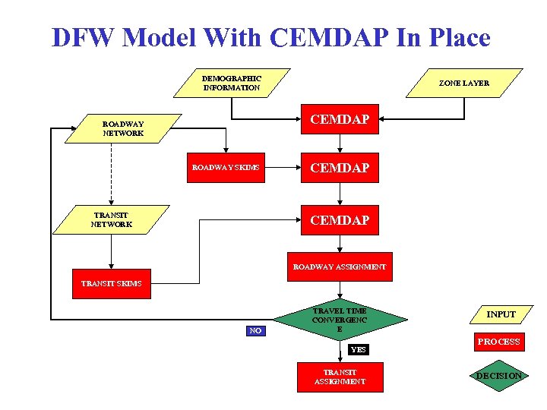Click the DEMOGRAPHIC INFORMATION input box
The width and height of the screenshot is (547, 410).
click(232, 83)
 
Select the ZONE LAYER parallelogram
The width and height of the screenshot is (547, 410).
click(463, 83)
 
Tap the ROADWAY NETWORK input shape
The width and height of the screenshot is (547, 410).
click(123, 128)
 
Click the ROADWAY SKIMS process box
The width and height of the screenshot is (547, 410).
click(226, 167)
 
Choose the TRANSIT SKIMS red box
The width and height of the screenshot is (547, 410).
click(111, 283)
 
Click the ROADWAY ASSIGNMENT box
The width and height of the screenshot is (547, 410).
click(340, 266)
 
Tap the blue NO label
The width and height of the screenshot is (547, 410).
click(256, 330)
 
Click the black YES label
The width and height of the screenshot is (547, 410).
click(358, 350)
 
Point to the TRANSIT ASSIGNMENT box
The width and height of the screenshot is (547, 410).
click(340, 377)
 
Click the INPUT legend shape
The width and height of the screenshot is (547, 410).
click(501, 314)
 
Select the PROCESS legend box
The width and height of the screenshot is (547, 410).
click(498, 342)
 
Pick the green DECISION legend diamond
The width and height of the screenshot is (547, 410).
click(498, 376)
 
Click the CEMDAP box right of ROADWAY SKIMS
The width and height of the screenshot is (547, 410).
click(340, 167)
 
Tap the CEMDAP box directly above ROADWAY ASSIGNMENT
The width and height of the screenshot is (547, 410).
click(340, 220)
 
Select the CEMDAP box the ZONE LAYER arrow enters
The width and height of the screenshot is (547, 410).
click(340, 119)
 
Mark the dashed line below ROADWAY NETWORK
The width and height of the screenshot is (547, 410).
click(112, 175)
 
